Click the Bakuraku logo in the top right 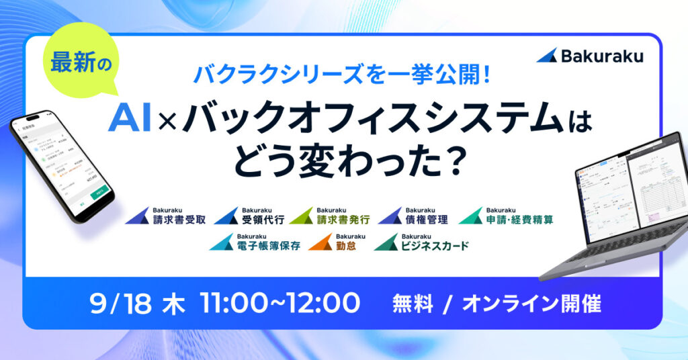tap(589, 56)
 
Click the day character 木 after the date tap(171, 303)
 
